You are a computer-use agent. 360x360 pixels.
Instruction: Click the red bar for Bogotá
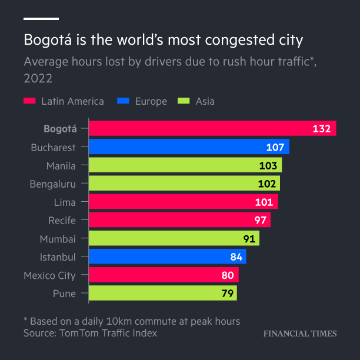point(212,129)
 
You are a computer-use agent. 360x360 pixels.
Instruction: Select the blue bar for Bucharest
point(188,147)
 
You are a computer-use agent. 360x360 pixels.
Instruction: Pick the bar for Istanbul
point(167,256)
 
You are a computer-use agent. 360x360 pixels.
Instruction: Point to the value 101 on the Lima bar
point(264,202)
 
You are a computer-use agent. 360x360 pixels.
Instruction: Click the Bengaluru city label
point(53,184)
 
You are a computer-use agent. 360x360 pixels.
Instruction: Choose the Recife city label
point(62,221)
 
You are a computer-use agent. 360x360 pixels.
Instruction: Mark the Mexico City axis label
point(49,275)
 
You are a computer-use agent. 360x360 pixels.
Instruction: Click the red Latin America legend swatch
point(29,101)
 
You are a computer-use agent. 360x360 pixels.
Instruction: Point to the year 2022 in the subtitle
point(38,78)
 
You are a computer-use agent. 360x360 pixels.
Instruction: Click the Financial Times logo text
point(299,334)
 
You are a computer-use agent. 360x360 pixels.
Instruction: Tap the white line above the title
point(41,19)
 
